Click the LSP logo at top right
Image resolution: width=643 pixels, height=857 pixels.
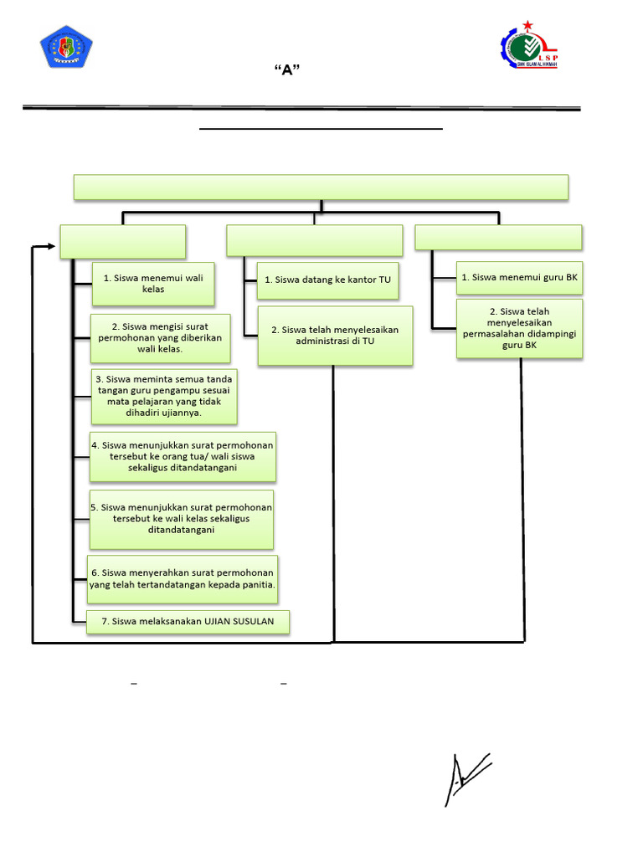pyautogui.click(x=528, y=46)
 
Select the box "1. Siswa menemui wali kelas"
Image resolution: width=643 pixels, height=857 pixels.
pyautogui.click(x=153, y=283)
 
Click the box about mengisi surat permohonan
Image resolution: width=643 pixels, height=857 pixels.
pyautogui.click(x=160, y=337)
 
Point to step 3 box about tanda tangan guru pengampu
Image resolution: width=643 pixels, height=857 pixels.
pyautogui.click(x=164, y=396)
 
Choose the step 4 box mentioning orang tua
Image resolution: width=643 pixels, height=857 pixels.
pyautogui.click(x=183, y=456)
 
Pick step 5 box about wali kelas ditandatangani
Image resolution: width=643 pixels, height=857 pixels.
pyautogui.click(x=182, y=518)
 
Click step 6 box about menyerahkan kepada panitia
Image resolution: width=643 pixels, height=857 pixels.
pyautogui.click(x=183, y=578)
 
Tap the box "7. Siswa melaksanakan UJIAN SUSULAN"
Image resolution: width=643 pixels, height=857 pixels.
pyautogui.click(x=188, y=622)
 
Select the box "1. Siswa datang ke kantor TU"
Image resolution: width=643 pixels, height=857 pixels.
pyautogui.click(x=327, y=280)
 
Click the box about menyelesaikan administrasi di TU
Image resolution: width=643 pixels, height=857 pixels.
pyautogui.click(x=335, y=335)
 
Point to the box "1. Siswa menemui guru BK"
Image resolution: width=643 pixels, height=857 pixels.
pyautogui.click(x=519, y=276)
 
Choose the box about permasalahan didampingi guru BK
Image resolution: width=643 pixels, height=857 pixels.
pyautogui.click(x=519, y=328)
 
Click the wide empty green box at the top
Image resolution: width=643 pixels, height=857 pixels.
pyautogui.click(x=321, y=187)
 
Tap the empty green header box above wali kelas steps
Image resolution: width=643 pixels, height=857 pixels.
pyautogui.click(x=122, y=241)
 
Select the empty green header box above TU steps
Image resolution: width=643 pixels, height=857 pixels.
pyautogui.click(x=314, y=240)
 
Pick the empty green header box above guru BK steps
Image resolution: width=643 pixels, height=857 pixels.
pyautogui.click(x=498, y=238)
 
